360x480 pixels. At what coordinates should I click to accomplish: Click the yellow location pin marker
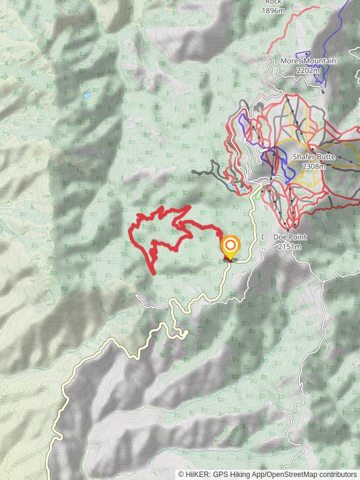(x=230, y=246)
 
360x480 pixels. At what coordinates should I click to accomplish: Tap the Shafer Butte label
(x=309, y=157)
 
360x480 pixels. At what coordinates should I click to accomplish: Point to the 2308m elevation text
(x=314, y=166)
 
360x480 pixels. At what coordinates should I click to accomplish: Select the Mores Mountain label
(x=308, y=61)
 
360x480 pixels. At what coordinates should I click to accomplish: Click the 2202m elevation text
(x=308, y=70)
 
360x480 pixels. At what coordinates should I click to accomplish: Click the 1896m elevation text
(x=274, y=10)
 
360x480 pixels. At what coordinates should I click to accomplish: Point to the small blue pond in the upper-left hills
(x=88, y=95)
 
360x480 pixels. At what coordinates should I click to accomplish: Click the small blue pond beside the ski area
(x=230, y=187)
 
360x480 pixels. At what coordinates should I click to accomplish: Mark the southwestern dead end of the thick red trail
(x=155, y=274)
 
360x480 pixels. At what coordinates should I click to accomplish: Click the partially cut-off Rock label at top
(x=273, y=2)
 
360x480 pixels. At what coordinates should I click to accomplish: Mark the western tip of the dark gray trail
(x=193, y=172)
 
